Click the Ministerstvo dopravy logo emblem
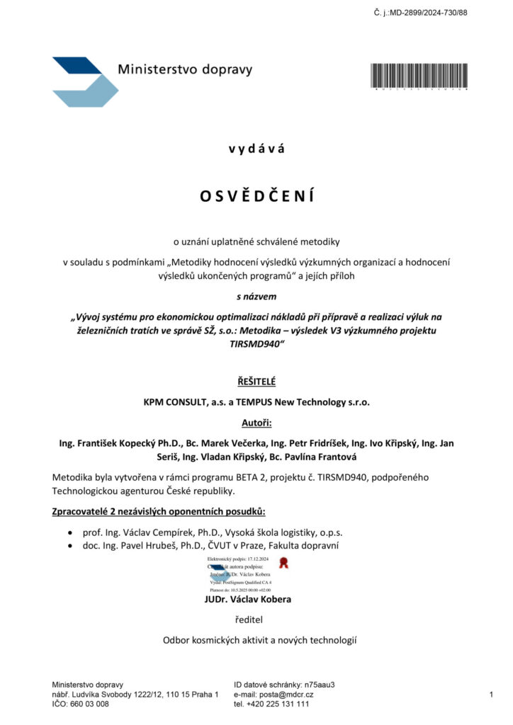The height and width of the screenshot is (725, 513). [x=84, y=81]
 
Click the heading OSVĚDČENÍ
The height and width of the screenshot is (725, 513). [x=256, y=195]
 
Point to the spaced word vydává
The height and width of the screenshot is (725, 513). [x=256, y=149]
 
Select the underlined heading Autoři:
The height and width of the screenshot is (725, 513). [x=256, y=423]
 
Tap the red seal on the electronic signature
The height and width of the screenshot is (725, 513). [x=284, y=563]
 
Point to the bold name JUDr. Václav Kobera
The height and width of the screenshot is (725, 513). [x=247, y=599]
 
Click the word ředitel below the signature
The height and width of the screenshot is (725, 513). [x=247, y=620]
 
